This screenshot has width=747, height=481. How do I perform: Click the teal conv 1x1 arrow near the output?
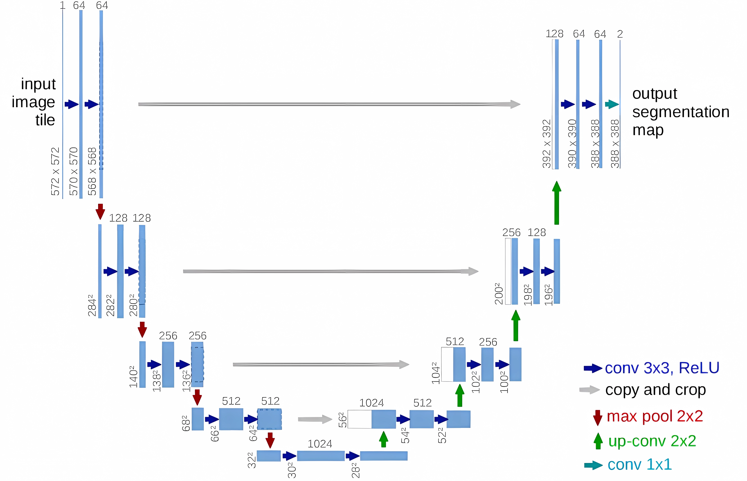612,104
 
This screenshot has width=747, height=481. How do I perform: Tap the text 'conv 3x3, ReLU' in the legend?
662,368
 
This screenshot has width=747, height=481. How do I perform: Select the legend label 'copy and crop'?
655,390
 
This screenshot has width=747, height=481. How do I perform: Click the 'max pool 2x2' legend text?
655,416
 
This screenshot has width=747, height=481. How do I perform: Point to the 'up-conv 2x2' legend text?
652,441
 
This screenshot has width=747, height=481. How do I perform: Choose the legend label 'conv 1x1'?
639,464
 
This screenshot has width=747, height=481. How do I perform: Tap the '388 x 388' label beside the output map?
615,144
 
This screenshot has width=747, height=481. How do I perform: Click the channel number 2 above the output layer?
620,34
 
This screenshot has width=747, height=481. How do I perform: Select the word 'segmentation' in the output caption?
681,112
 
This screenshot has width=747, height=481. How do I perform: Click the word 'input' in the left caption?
38,84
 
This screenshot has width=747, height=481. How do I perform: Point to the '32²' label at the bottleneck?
252,460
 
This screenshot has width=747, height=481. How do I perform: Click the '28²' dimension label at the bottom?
355,470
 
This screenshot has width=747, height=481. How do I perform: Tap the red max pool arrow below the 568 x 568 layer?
100,211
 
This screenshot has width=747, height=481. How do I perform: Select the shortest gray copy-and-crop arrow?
315,419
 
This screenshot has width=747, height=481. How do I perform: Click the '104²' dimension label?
436,373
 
